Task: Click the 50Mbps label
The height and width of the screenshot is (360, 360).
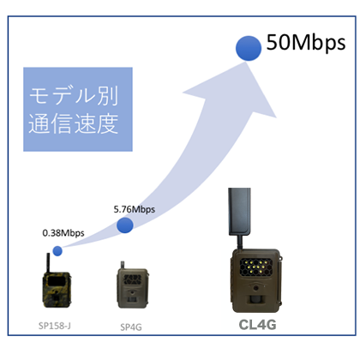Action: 306,43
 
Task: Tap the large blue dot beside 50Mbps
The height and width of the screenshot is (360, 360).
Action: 249,48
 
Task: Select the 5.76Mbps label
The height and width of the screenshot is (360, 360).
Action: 135,209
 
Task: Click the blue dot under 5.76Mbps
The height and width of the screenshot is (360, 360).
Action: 125,225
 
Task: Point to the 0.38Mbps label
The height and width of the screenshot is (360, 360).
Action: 63,233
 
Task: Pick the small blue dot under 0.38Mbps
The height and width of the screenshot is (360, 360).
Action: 57,251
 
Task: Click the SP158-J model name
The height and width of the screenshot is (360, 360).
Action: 55,326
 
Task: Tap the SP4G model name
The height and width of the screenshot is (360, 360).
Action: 131,327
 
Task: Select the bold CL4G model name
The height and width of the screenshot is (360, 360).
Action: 257,325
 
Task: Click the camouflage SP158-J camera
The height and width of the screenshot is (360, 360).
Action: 57,290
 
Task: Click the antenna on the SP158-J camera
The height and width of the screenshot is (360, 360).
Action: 48,263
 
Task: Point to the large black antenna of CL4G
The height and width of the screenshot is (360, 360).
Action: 239,212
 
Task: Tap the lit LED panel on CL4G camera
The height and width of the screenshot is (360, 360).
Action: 255,267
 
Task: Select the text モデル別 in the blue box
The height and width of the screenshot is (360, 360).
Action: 74,96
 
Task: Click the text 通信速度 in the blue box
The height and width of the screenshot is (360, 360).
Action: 73,123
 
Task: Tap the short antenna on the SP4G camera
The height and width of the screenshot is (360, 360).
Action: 123,265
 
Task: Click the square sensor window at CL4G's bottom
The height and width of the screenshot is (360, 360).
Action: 255,299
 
